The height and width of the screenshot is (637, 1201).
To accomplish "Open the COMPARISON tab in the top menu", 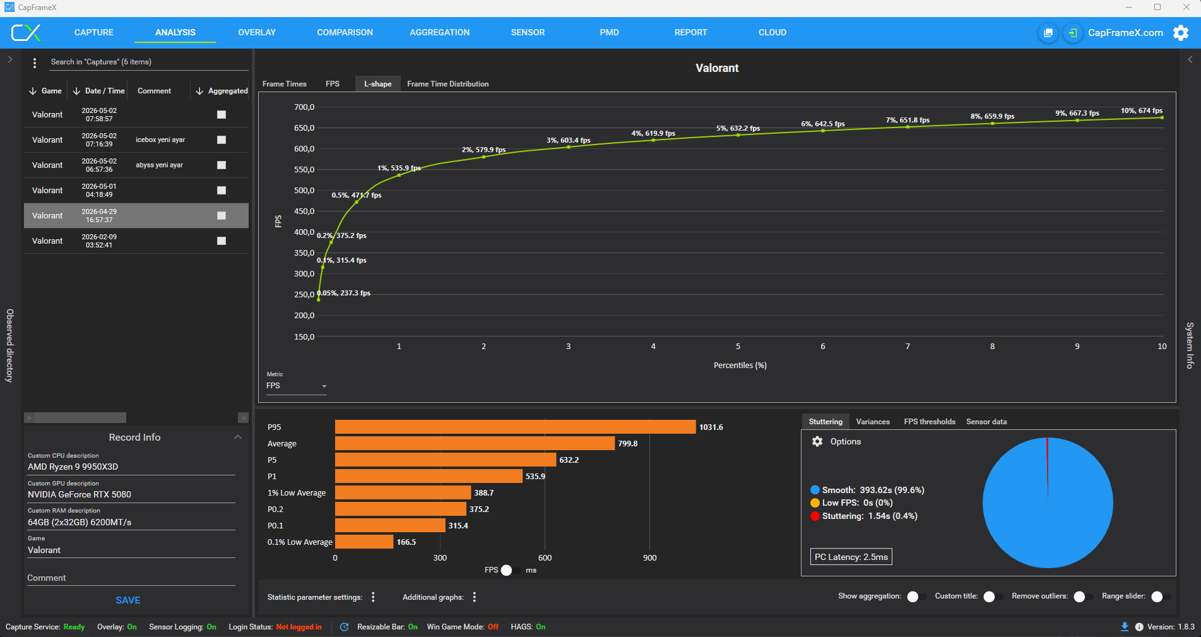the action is point(345,32).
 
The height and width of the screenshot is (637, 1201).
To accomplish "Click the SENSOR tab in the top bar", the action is point(528,32).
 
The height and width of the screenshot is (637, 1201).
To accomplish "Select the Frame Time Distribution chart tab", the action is point(447,84).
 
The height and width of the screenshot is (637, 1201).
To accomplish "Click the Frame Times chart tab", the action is point(284,84).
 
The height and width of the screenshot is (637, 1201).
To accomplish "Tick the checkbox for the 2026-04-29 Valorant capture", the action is point(222,215).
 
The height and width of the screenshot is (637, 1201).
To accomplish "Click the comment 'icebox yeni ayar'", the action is point(160,140).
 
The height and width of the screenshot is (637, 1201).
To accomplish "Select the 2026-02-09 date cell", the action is point(99,241).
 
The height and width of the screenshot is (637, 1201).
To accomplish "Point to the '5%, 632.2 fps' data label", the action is point(738,128).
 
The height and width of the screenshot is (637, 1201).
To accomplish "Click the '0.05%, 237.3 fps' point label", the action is point(343,293).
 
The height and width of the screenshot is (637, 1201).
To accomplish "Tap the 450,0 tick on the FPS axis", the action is point(304,211).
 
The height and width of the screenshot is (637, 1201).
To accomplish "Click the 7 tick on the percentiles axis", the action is point(908,347).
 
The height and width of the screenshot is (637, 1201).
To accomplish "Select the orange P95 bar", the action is point(515,427).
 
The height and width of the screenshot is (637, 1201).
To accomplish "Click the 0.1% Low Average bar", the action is point(364,542).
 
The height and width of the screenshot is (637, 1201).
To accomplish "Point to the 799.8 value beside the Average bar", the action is point(628,444).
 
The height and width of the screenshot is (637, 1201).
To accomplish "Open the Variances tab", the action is point(873,422).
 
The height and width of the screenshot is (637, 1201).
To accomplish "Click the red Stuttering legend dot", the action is point(815,516).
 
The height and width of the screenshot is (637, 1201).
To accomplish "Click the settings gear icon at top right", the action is point(1181,33).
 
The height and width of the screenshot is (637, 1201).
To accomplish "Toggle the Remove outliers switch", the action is point(1083,597).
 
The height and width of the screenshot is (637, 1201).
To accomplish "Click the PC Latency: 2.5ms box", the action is point(851,557).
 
